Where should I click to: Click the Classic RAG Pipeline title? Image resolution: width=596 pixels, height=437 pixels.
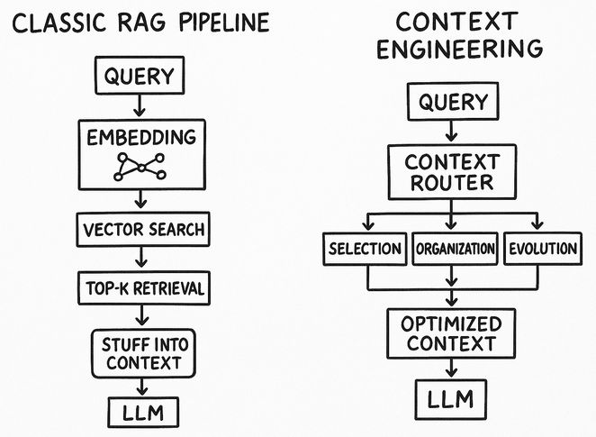(141, 21)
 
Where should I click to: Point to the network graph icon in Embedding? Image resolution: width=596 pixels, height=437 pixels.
(140, 167)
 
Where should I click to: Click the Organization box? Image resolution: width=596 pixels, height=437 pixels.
(454, 250)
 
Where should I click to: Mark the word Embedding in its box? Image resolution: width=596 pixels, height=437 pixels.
(140, 137)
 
